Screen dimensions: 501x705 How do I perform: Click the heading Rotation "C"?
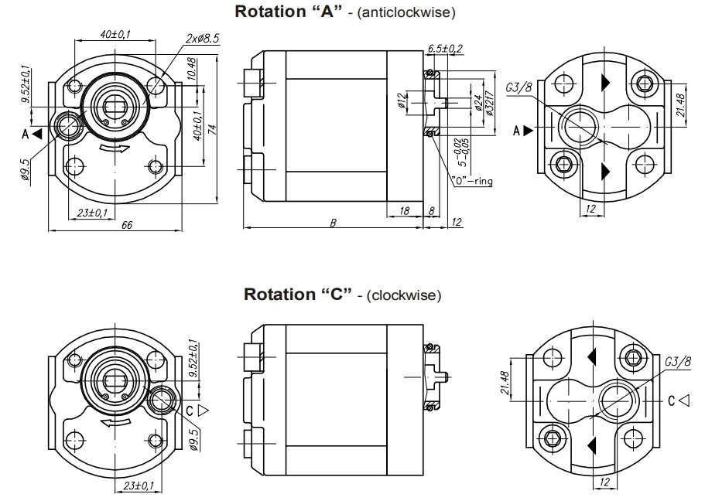coord(298,295)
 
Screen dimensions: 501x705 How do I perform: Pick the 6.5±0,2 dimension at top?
coord(445,49)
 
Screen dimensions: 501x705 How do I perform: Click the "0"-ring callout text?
coord(472,181)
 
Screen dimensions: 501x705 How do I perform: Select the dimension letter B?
coord(333,223)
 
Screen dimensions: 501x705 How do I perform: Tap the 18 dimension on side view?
coord(405,210)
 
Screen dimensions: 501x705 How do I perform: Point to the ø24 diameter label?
coord(477,103)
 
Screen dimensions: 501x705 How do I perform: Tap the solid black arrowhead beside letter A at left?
coord(37,134)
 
